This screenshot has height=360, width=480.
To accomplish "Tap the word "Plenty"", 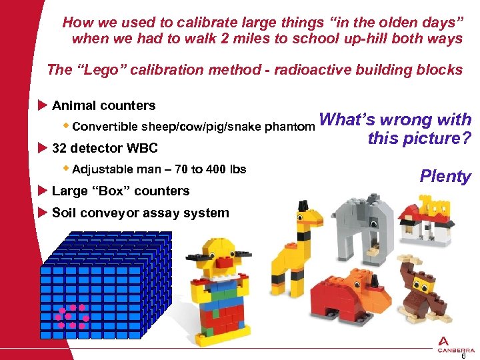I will click(445, 176).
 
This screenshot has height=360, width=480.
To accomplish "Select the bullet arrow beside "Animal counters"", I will click(43, 105).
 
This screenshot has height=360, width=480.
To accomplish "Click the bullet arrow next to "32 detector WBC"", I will click(43, 148).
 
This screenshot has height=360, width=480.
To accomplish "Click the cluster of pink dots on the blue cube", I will click(71, 317).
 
